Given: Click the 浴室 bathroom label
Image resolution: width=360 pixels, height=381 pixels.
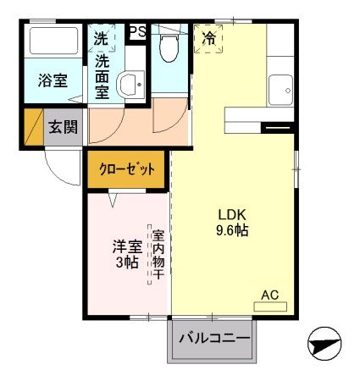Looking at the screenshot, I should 53,82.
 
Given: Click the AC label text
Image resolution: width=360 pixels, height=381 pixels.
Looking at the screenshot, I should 269,294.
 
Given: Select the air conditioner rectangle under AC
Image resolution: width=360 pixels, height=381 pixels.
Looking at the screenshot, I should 270,306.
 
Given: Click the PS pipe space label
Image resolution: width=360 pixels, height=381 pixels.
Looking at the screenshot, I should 136,31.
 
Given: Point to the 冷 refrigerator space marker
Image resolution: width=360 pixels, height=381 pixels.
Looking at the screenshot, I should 208,37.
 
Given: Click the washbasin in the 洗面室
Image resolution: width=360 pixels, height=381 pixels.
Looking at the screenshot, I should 130,84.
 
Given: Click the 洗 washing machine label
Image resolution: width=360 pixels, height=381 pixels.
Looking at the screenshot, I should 102,38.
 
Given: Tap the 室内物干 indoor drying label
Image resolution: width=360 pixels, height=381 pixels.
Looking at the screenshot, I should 158,253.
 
